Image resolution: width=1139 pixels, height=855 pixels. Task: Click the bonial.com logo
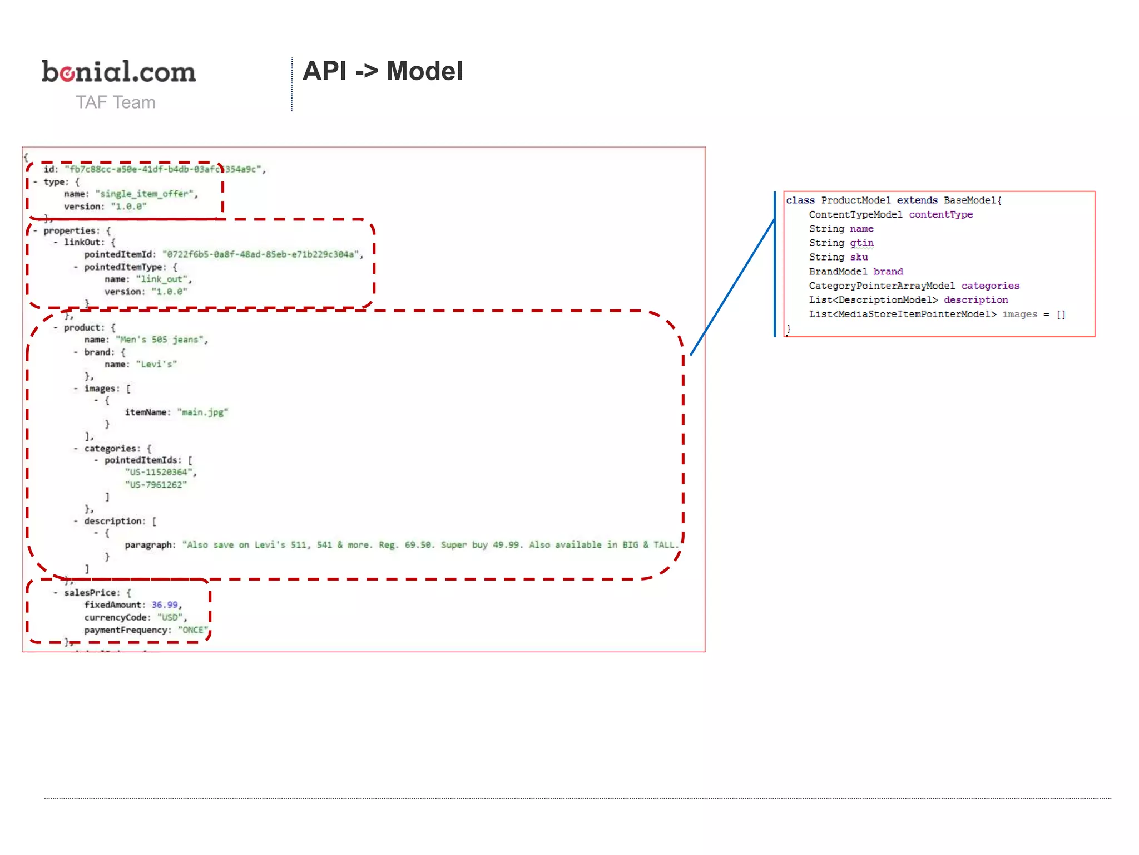point(118,72)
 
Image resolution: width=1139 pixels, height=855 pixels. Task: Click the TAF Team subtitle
point(115,102)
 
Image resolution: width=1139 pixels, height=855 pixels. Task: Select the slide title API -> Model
point(382,71)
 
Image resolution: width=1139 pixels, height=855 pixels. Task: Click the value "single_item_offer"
point(146,194)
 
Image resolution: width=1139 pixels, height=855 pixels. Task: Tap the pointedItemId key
point(118,254)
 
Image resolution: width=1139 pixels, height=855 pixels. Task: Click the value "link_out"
point(162,279)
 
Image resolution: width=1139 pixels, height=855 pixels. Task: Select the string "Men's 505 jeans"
point(160,340)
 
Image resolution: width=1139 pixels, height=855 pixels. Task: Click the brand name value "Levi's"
point(156,364)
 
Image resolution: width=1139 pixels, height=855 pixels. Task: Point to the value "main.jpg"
point(202,412)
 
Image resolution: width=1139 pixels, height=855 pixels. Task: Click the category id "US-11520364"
point(159,472)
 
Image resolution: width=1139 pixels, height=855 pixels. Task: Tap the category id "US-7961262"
point(155,484)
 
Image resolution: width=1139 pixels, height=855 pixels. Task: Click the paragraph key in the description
point(148,544)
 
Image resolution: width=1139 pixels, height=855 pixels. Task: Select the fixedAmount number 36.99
point(165,605)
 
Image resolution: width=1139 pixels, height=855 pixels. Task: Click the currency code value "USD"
point(170,617)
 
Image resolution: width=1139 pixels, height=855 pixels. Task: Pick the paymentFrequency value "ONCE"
point(192,630)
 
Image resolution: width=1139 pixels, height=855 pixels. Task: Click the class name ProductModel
point(855,200)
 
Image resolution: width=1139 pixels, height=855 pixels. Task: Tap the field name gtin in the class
point(861,243)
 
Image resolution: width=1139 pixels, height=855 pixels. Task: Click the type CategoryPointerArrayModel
point(882,286)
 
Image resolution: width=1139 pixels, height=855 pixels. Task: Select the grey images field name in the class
point(1019,314)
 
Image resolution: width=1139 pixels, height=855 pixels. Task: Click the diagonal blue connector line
point(732,287)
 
